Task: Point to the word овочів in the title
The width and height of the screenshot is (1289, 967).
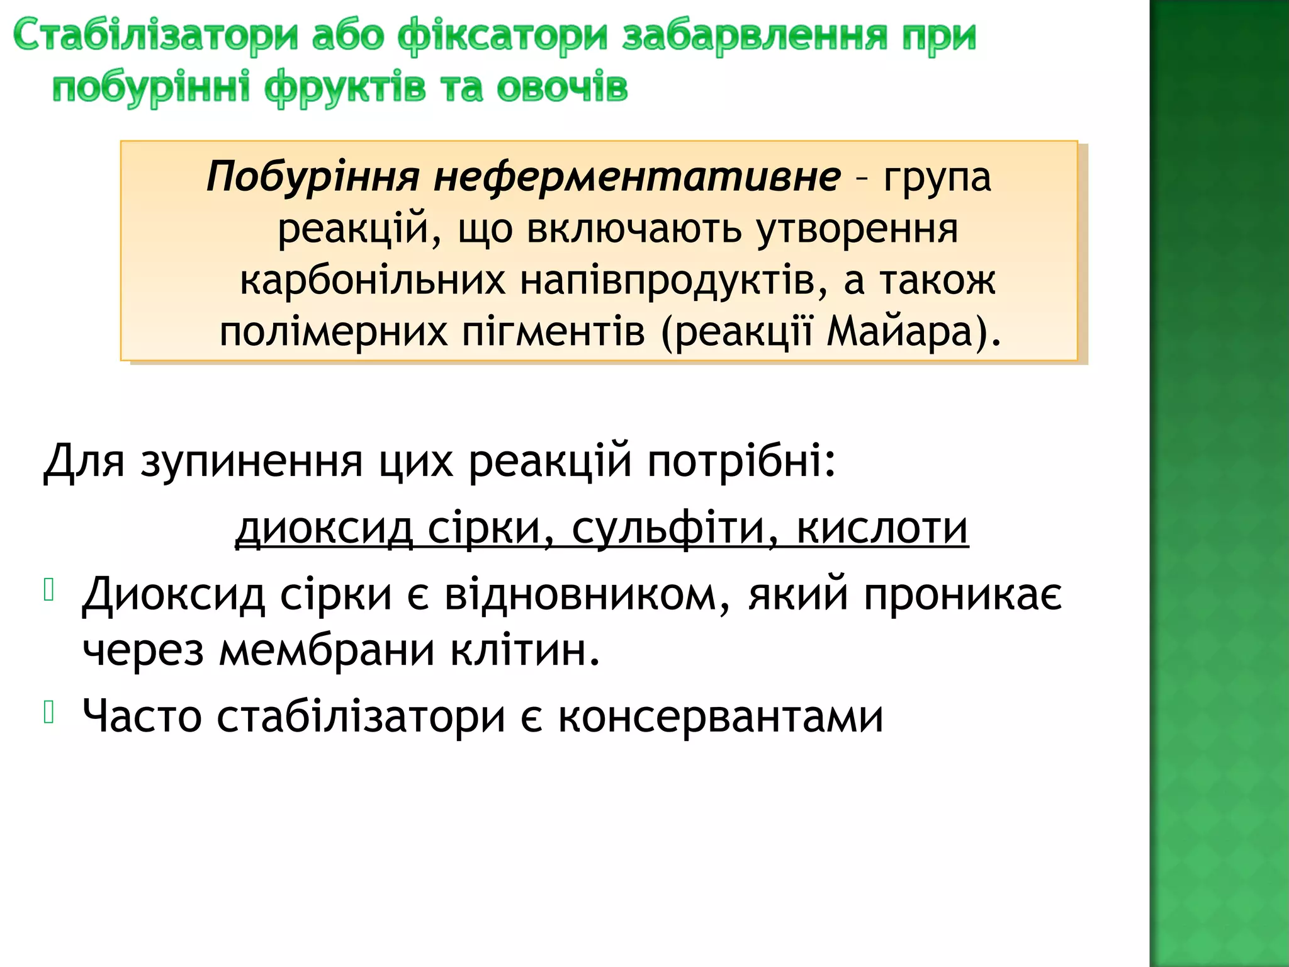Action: click(x=562, y=88)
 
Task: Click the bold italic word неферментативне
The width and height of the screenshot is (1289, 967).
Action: click(x=637, y=177)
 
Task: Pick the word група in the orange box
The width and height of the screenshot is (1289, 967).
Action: click(x=937, y=177)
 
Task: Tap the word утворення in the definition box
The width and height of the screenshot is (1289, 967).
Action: click(x=857, y=229)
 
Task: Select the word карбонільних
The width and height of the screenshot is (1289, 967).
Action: click(x=373, y=281)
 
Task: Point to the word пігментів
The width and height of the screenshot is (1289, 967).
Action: click(x=554, y=332)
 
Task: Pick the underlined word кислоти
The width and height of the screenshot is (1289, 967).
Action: click(x=882, y=528)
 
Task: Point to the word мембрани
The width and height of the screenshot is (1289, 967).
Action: click(x=327, y=650)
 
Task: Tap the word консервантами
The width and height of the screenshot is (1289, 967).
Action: click(x=721, y=716)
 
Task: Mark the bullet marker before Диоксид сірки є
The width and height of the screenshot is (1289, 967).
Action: click(x=49, y=590)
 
